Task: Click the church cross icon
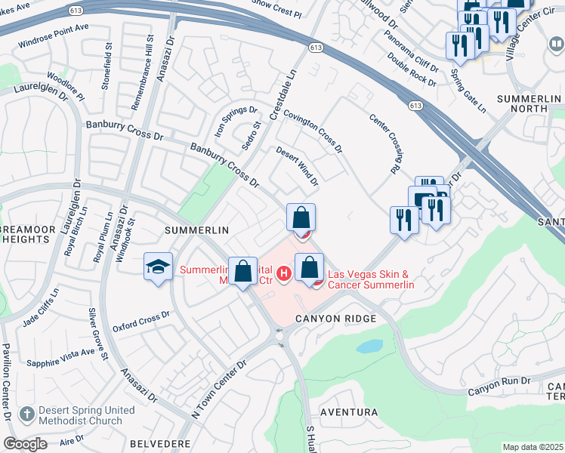tap(27, 414)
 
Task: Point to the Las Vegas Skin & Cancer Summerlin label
tap(370, 279)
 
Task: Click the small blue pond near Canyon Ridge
tap(369, 347)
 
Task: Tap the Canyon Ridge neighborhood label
tap(336, 319)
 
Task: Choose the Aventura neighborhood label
tap(349, 412)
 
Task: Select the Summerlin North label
tap(533, 103)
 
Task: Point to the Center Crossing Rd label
tap(385, 143)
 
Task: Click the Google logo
tap(26, 444)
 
